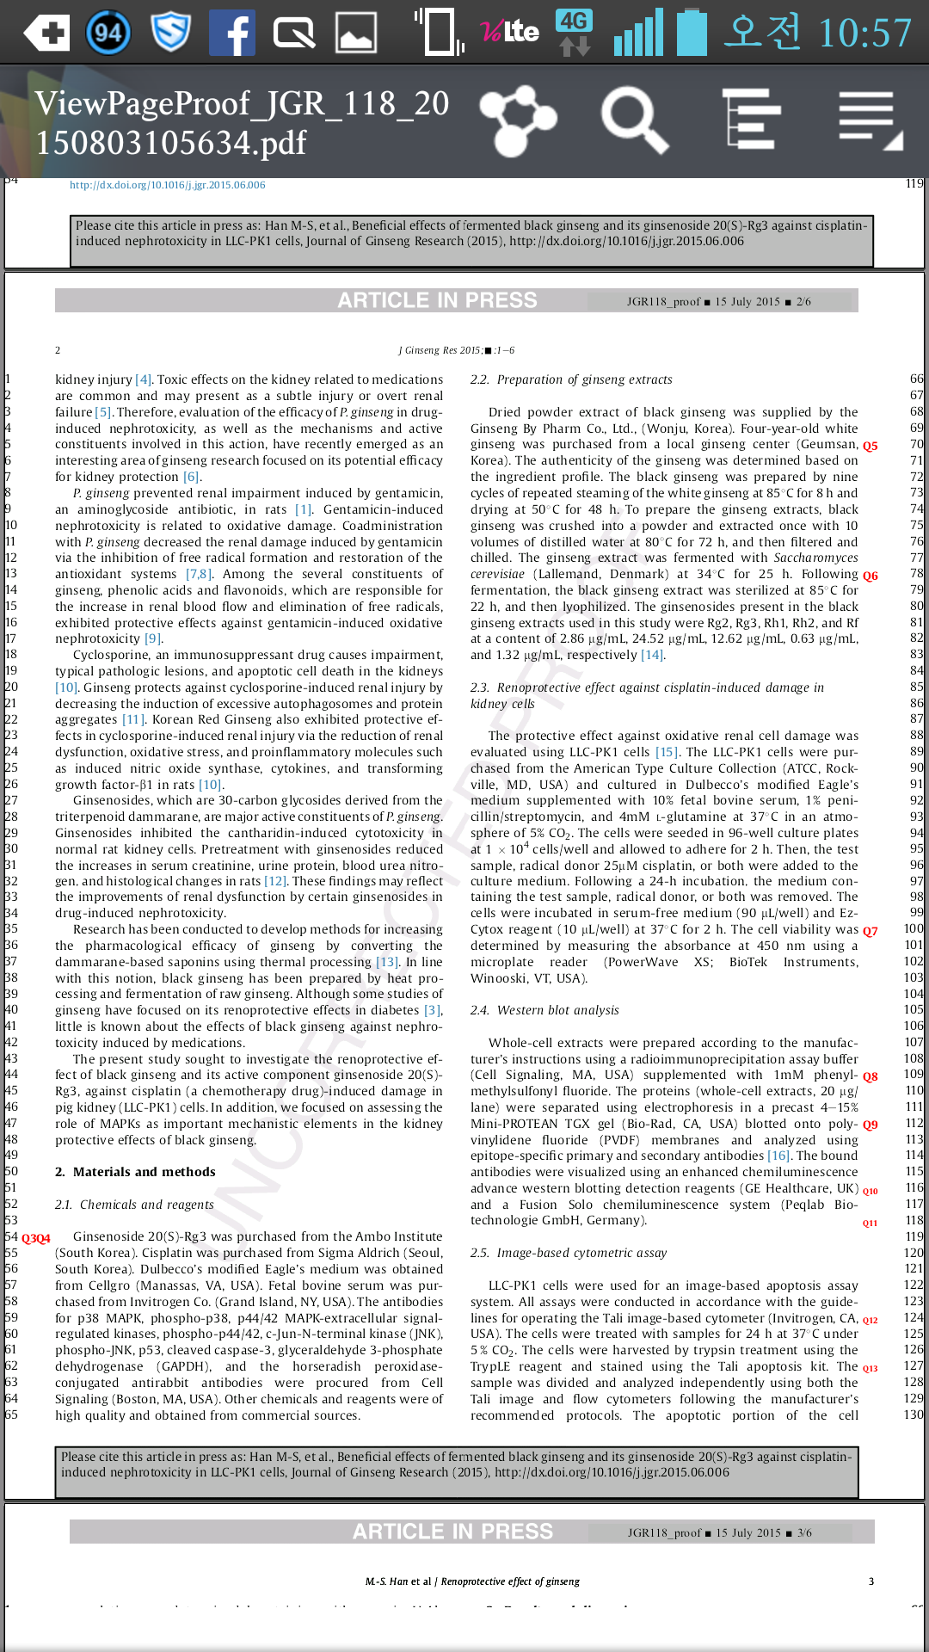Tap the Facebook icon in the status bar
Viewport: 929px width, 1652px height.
coord(232,33)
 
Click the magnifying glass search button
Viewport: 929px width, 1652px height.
coord(634,120)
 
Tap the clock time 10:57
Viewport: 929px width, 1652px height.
coord(864,34)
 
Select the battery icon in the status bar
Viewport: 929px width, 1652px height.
coord(691,32)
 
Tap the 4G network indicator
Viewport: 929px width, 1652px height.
coord(575,32)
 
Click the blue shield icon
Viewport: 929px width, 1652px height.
coord(170,33)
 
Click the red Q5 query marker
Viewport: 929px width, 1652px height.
coord(871,446)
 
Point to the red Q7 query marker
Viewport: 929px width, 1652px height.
coord(871,931)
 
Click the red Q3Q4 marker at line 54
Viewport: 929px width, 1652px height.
coord(36,1238)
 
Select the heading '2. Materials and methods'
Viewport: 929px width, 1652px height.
coord(135,1172)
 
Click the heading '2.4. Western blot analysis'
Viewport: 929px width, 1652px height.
coord(544,1010)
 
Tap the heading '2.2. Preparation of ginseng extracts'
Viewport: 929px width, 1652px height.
coord(571,379)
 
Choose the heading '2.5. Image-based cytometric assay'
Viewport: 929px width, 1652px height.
coord(569,1253)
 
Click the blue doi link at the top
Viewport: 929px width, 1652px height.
coord(168,185)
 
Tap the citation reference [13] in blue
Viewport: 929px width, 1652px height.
coord(387,962)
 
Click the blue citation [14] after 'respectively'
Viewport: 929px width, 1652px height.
coord(652,655)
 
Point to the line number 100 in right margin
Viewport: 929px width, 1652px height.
coord(914,929)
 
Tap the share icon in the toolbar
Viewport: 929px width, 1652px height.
coord(518,120)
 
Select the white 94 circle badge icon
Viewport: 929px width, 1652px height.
coord(108,33)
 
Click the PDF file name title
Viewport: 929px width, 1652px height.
coord(242,122)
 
